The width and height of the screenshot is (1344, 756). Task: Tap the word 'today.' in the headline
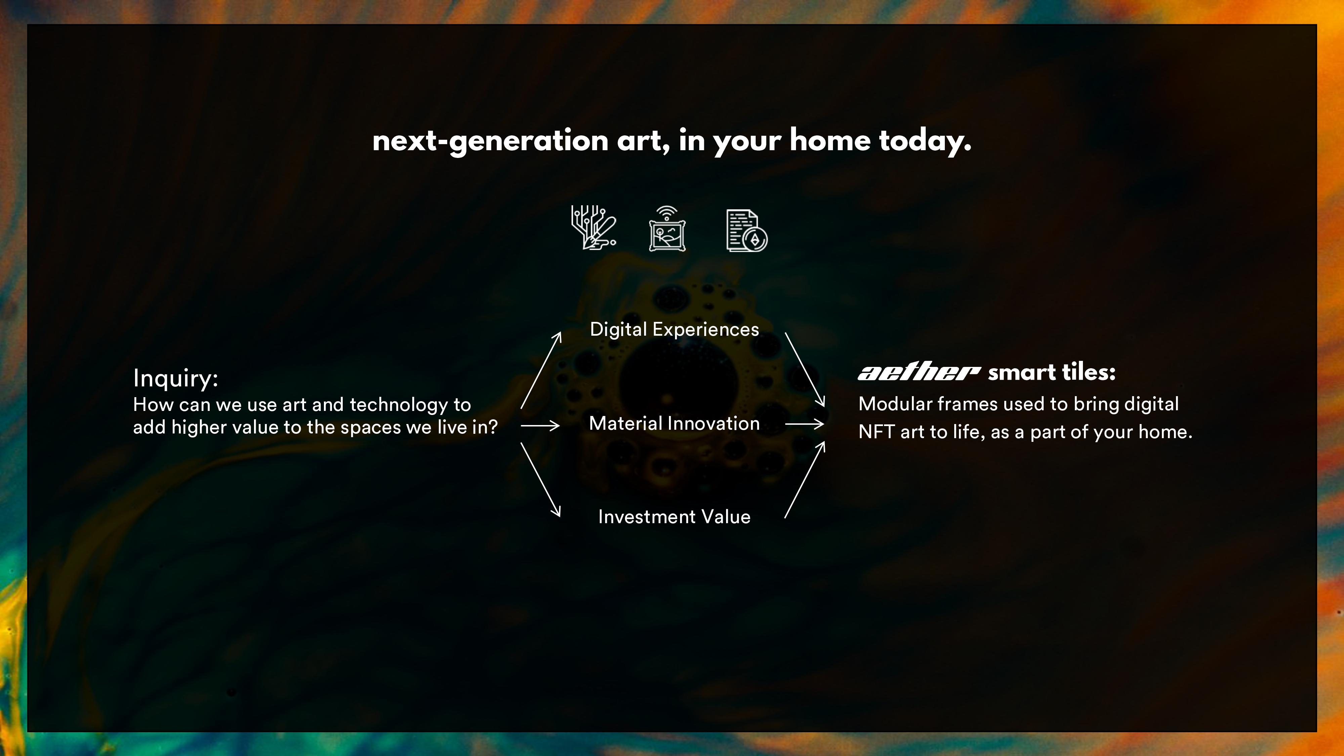click(925, 141)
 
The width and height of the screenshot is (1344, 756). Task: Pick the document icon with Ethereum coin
click(746, 230)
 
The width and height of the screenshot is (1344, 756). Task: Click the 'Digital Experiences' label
click(674, 330)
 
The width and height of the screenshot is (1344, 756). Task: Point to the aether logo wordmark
click(918, 373)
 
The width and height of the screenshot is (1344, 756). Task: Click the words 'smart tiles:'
click(1051, 373)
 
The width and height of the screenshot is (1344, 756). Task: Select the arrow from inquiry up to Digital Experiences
click(541, 370)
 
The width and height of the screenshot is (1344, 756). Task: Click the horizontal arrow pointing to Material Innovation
click(540, 426)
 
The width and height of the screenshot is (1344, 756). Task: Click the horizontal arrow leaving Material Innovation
click(804, 424)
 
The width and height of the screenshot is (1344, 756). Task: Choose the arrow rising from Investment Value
click(804, 480)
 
